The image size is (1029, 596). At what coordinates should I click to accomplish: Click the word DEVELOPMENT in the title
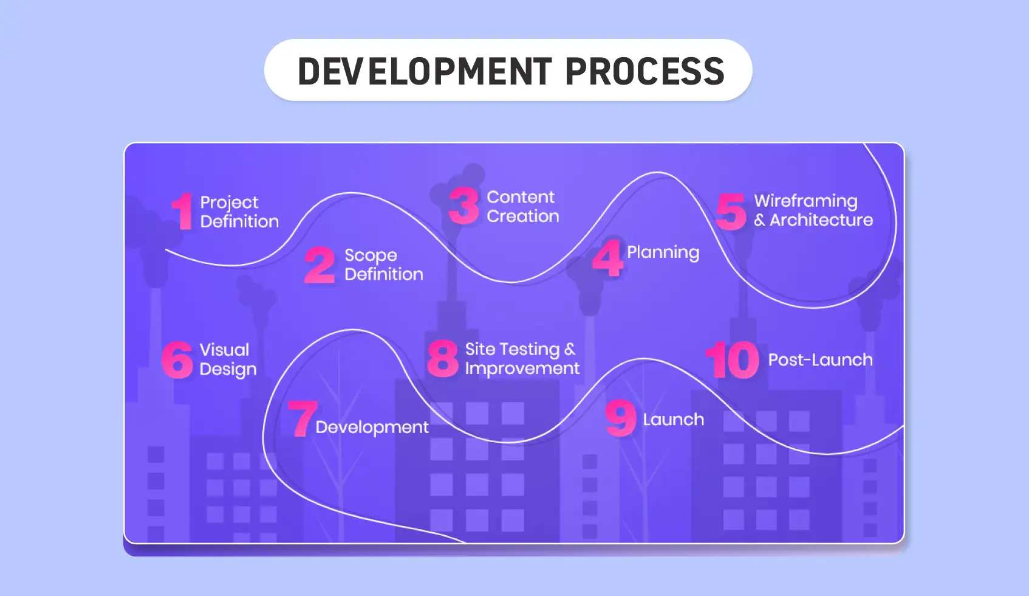pos(425,71)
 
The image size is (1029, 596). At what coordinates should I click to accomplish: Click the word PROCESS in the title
pos(644,71)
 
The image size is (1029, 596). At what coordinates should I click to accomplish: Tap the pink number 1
pos(182,212)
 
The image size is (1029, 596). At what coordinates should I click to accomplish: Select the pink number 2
pos(320,265)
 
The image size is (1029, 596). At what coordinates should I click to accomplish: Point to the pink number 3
pos(464,206)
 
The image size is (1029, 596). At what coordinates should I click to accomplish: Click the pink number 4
pos(608,258)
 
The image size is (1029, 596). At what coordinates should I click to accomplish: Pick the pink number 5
pos(731,211)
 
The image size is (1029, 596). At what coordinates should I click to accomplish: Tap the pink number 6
pos(177,359)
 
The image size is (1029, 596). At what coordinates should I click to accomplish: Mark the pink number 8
pos(443,359)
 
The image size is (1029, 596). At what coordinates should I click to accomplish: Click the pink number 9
pos(621,418)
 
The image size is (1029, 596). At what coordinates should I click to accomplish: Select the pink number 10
pos(733,360)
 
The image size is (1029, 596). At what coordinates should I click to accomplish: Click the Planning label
pos(663,252)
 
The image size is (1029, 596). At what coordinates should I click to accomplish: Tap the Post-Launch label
pos(820,360)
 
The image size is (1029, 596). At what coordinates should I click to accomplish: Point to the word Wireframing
pos(805,201)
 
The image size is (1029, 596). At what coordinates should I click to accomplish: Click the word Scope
pos(371,255)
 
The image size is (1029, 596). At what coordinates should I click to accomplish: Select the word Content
pos(521,197)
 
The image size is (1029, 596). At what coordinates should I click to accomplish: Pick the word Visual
pos(224,350)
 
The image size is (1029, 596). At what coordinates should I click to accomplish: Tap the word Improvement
pos(522,369)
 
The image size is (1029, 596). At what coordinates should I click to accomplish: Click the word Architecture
pos(821,220)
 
